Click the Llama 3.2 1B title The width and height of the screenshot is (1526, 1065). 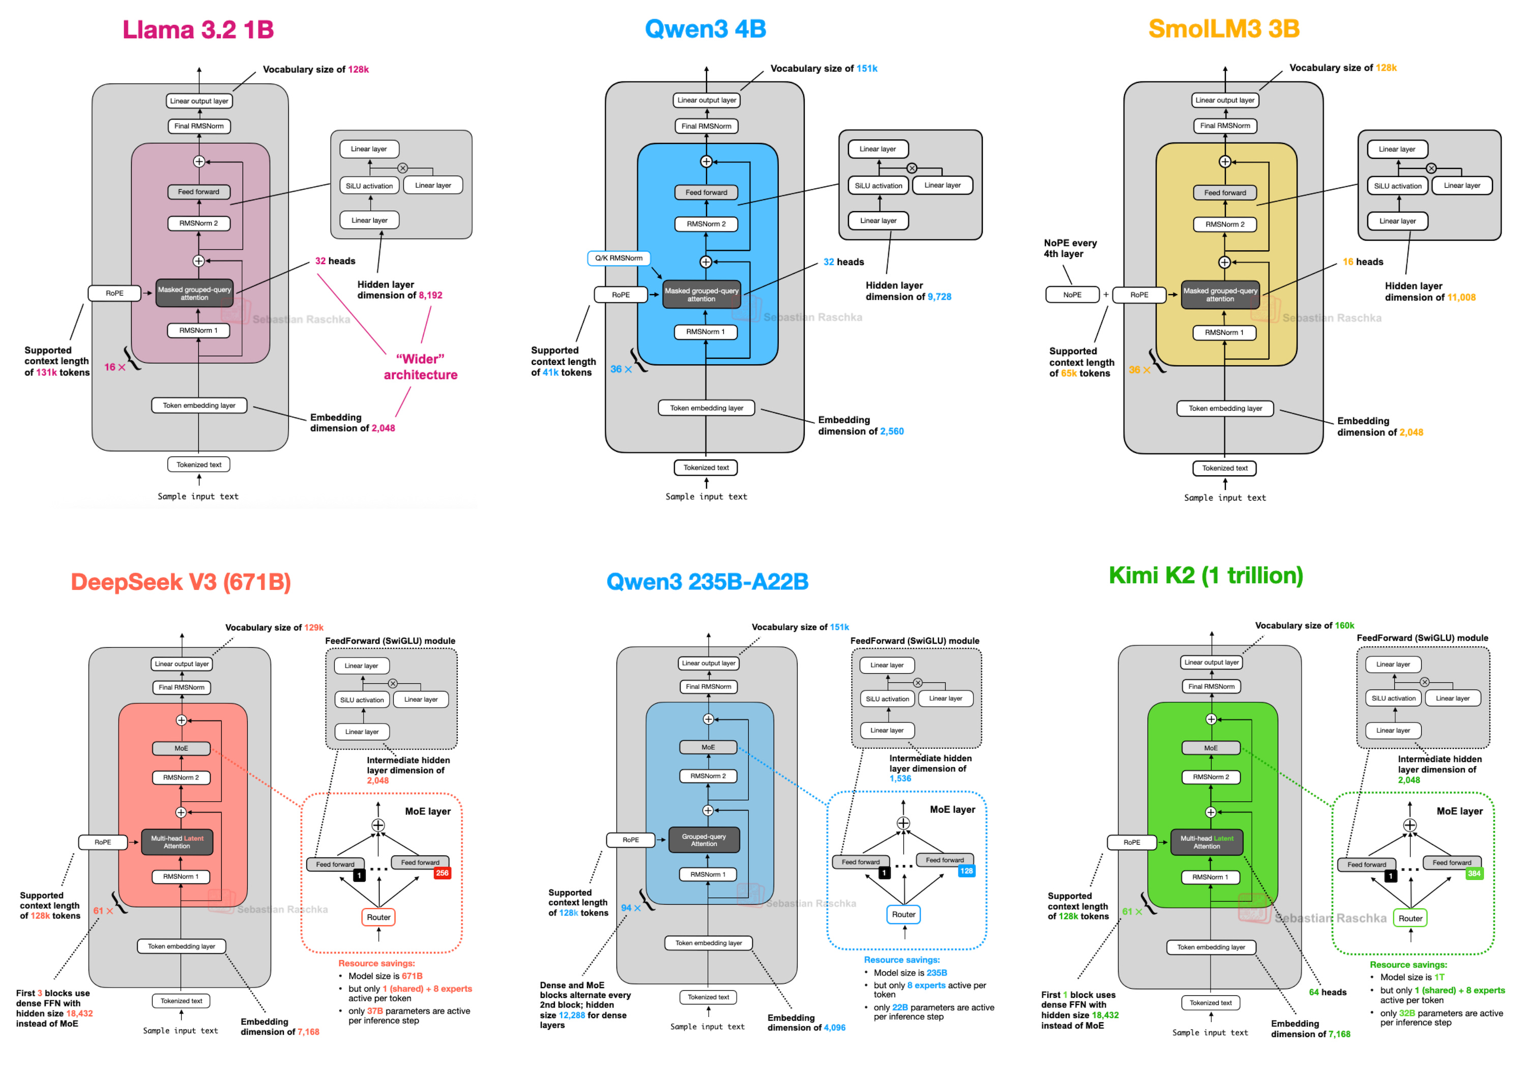(197, 29)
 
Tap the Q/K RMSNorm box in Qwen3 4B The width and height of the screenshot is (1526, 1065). (618, 258)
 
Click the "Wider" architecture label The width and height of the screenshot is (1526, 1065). (420, 366)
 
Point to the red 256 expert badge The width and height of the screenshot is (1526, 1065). (442, 873)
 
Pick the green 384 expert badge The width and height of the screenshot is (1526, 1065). (1474, 874)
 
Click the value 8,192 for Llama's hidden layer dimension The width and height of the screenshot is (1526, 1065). (430, 295)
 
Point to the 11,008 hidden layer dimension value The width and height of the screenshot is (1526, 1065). (1461, 297)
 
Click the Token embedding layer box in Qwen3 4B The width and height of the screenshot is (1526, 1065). (706, 408)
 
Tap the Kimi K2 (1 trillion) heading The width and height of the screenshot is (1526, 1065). (1205, 575)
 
